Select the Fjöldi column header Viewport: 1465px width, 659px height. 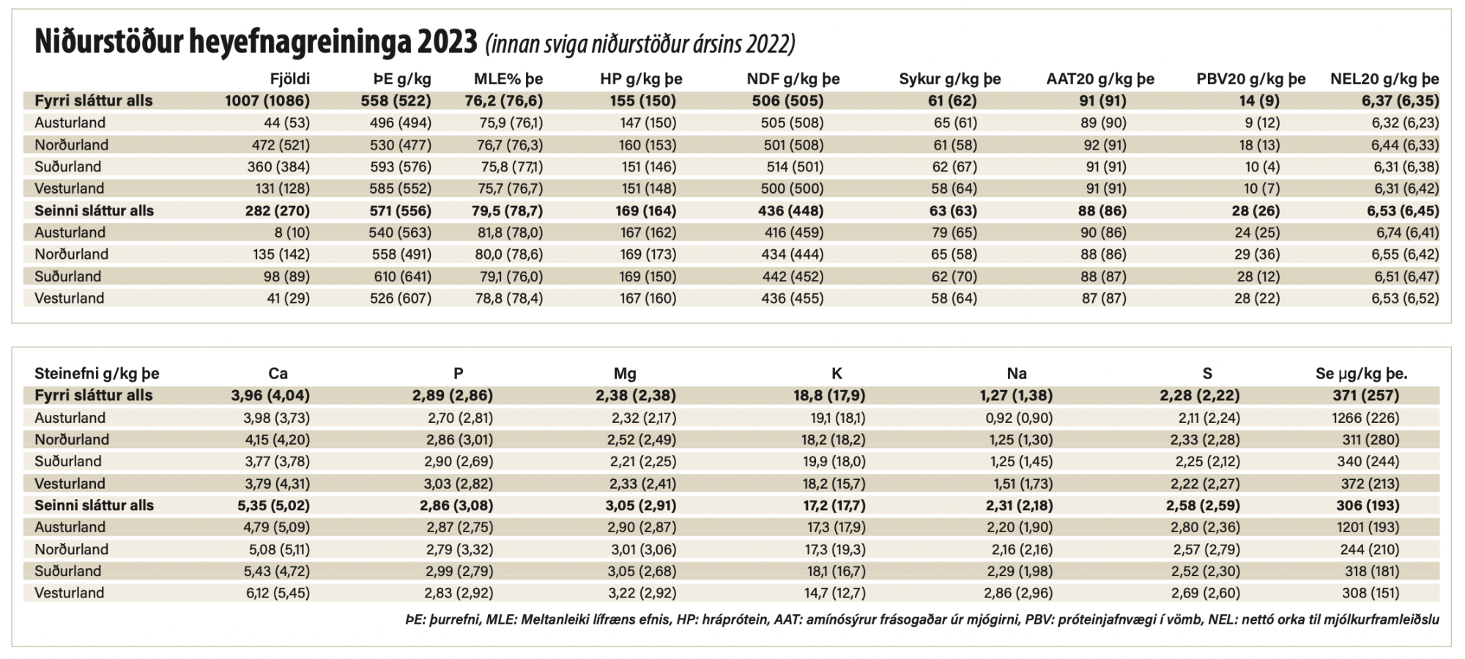tap(289, 79)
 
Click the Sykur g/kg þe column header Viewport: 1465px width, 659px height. tap(949, 79)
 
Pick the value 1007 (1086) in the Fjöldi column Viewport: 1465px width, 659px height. tap(267, 100)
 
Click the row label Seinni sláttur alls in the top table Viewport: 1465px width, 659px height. tap(94, 210)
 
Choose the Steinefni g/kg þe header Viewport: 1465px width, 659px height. tap(97, 373)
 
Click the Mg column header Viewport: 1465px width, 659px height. tap(625, 373)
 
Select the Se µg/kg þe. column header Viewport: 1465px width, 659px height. tap(1361, 373)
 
